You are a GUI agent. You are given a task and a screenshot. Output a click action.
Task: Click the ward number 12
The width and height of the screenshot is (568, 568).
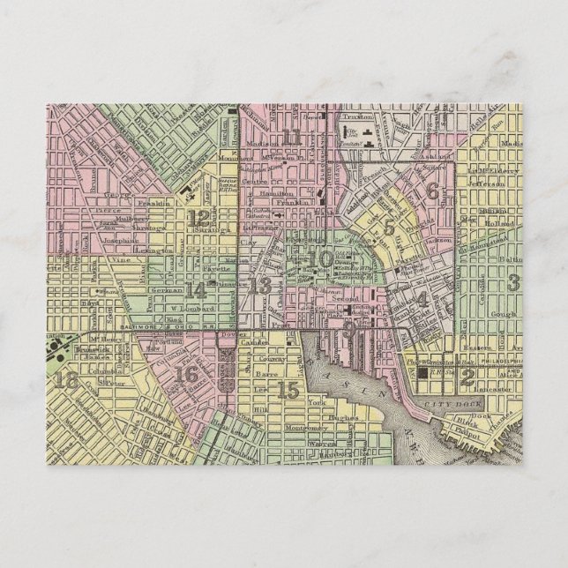[198, 219]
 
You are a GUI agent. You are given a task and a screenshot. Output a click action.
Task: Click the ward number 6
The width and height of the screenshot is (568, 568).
[431, 192]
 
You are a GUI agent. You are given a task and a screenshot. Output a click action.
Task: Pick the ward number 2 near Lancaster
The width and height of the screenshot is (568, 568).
[468, 377]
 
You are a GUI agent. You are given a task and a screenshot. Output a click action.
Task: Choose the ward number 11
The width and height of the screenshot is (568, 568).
[292, 138]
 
